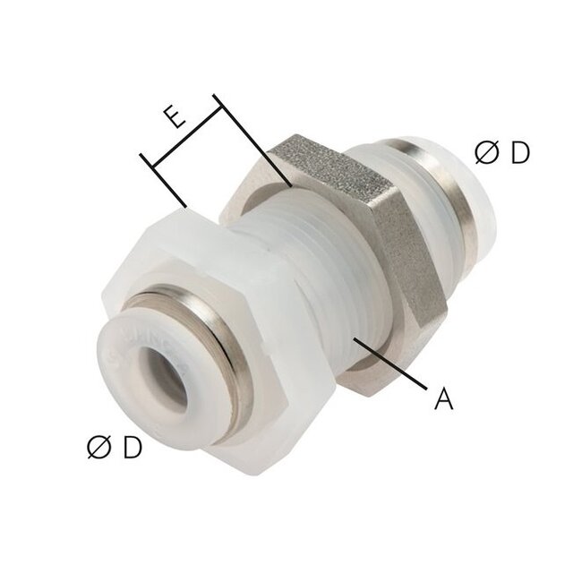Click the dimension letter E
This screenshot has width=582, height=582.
click(x=175, y=118)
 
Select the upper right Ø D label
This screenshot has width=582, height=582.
click(x=502, y=154)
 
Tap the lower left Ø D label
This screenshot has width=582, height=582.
click(x=114, y=447)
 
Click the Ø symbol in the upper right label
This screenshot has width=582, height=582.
click(x=486, y=154)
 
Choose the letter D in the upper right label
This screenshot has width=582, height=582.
click(x=520, y=154)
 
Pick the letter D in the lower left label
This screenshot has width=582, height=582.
click(x=132, y=447)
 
